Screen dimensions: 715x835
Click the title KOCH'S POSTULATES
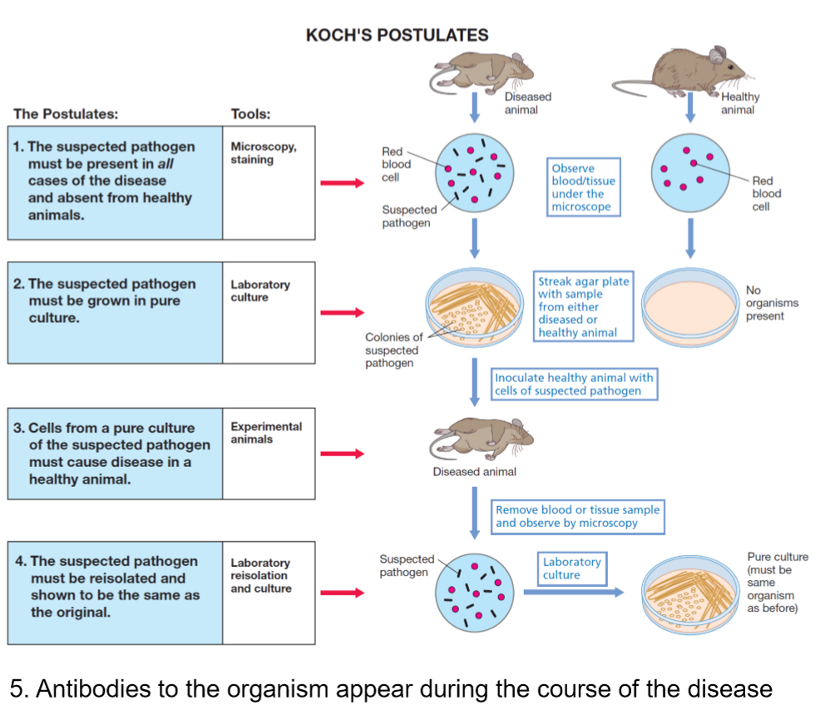tap(397, 35)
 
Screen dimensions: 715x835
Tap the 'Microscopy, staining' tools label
tap(263, 153)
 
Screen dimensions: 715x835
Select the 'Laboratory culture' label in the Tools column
tap(260, 290)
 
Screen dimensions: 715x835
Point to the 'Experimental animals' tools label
tap(266, 433)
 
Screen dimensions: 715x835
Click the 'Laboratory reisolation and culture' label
tap(261, 575)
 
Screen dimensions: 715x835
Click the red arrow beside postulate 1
tap(343, 183)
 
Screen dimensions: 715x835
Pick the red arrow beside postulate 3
tap(343, 454)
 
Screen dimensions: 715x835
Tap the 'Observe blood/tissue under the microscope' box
tap(584, 187)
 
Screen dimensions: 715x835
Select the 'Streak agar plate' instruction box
tap(583, 307)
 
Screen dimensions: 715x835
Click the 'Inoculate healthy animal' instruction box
tap(574, 384)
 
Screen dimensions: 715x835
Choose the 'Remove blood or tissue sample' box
tap(578, 516)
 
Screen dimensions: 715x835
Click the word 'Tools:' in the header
tap(250, 114)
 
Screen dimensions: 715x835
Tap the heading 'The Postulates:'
tap(66, 113)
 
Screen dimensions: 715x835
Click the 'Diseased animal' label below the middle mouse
tap(474, 472)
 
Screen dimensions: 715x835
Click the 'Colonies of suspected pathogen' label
tap(393, 350)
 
